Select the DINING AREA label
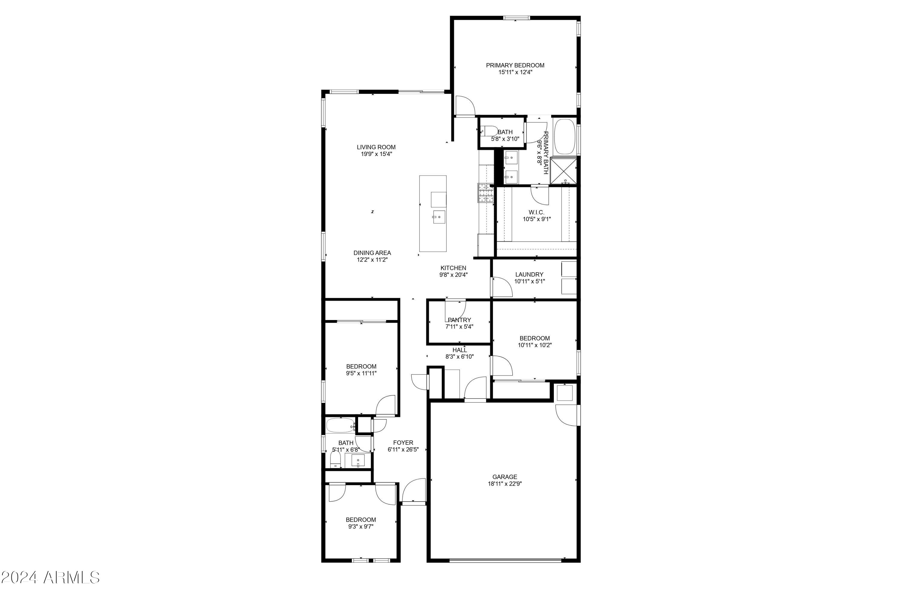pos(372,253)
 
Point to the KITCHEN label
pos(453,268)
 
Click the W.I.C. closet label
pos(536,212)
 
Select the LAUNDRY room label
pos(529,274)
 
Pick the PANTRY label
pos(459,320)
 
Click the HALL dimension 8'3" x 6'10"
pos(459,356)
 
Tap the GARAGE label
pos(505,477)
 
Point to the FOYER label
pos(403,443)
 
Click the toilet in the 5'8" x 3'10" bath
pos(489,131)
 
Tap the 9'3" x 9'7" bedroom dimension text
pos(360,526)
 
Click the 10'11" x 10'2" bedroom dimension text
pos(535,345)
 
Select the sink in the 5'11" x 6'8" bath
pos(358,460)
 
